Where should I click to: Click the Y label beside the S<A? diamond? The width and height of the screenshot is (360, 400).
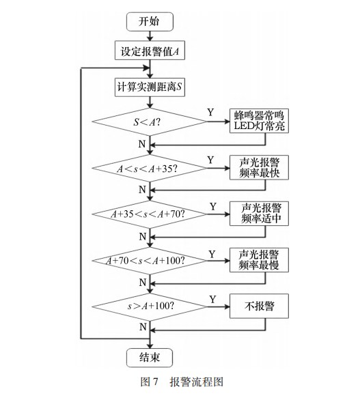tap(211, 111)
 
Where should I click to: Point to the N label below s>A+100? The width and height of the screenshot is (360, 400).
tap(142, 327)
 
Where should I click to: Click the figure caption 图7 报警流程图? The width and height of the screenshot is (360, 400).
tap(179, 383)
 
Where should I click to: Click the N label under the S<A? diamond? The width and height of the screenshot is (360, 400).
tap(142, 145)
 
